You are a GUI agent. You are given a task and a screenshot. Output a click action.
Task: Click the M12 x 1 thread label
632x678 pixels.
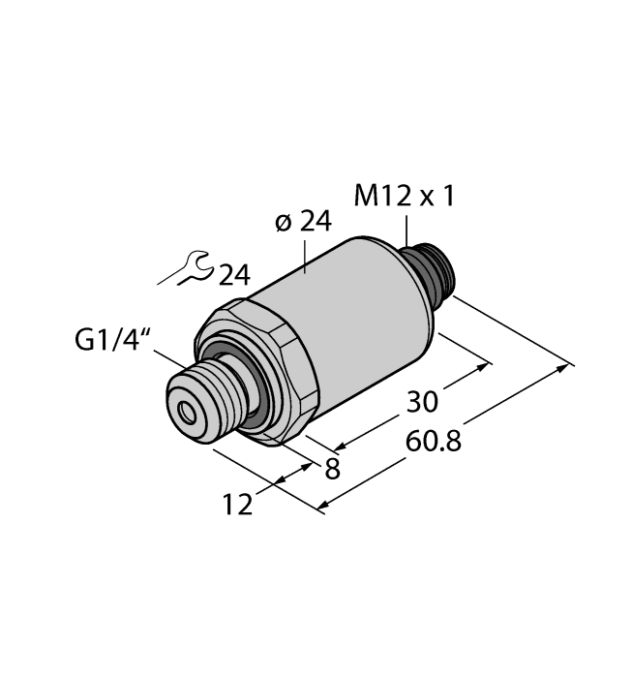[x=404, y=198]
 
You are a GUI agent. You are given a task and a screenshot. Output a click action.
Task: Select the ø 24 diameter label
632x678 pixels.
[x=302, y=223]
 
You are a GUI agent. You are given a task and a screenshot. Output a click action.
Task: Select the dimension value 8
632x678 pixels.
[x=333, y=469]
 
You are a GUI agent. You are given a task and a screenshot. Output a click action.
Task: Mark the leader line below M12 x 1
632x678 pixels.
[x=406, y=230]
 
